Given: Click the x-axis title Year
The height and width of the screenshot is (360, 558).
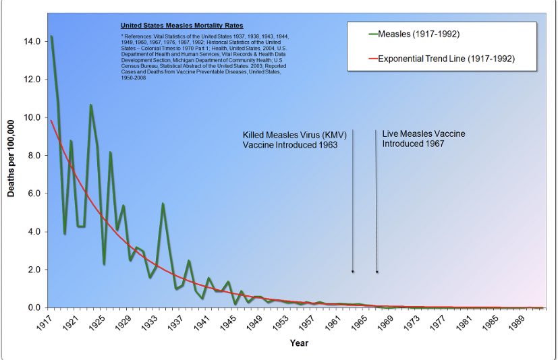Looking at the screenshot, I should [x=299, y=343].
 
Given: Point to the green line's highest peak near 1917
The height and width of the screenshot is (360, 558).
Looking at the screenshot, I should [x=51, y=36].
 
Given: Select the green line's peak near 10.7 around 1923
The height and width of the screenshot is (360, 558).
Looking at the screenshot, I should [x=90, y=105].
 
